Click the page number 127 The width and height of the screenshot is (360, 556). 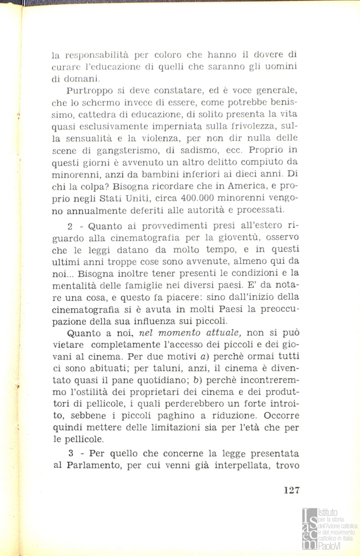coord(291,490)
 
